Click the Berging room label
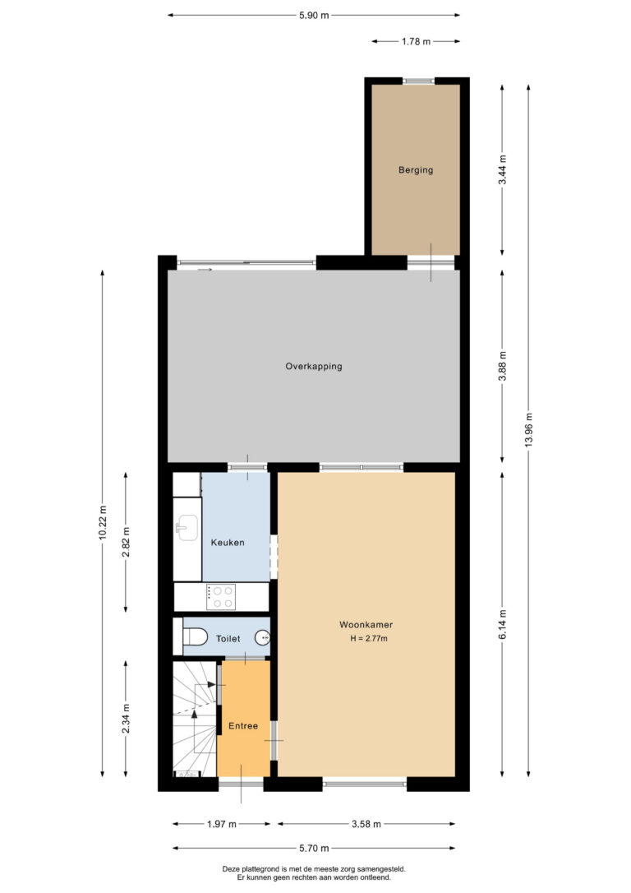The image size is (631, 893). (x=416, y=169)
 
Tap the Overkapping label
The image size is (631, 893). (x=314, y=366)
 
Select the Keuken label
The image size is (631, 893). (x=228, y=543)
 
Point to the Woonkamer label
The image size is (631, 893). (x=366, y=625)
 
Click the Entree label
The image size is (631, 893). (x=243, y=726)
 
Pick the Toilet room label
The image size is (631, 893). (x=228, y=639)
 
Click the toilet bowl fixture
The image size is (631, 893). (x=194, y=636)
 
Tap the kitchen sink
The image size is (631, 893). (x=186, y=527)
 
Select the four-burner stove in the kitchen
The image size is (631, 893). (x=221, y=597)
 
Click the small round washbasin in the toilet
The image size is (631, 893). (x=263, y=638)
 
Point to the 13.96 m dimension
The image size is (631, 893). (x=528, y=430)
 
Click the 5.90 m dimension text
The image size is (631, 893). (x=314, y=16)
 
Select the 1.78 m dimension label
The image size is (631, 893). (x=416, y=41)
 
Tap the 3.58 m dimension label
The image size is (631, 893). (x=366, y=824)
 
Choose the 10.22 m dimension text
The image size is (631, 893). (x=103, y=522)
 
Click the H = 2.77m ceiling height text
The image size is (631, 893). (x=369, y=638)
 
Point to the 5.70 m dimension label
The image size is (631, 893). (x=314, y=848)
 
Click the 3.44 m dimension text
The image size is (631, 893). (x=502, y=169)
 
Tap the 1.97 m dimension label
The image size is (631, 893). (x=221, y=824)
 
